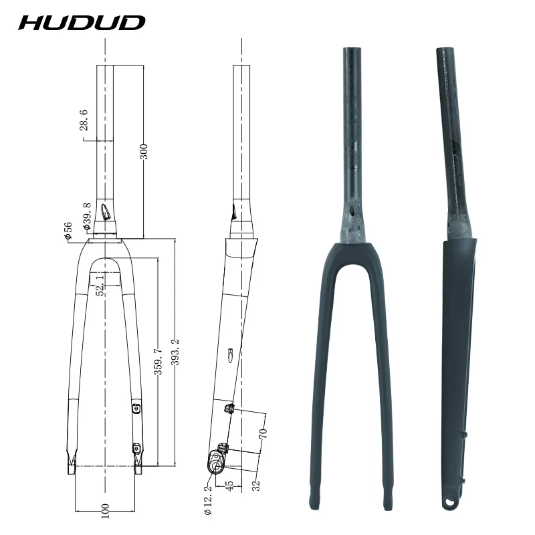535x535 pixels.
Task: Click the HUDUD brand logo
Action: [x=82, y=22]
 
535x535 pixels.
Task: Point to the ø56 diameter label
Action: [x=68, y=229]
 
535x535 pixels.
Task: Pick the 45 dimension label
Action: [x=230, y=488]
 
